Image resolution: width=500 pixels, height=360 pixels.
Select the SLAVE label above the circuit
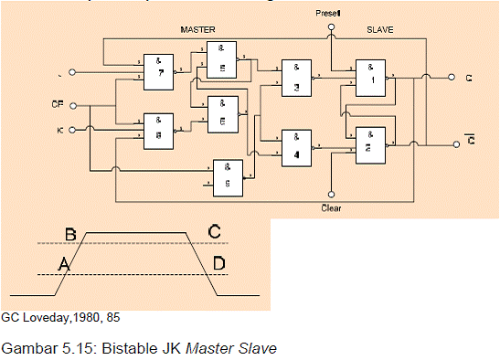coord(379,30)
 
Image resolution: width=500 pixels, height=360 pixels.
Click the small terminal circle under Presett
coord(331,27)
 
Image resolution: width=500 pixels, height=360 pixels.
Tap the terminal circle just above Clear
coord(331,195)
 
